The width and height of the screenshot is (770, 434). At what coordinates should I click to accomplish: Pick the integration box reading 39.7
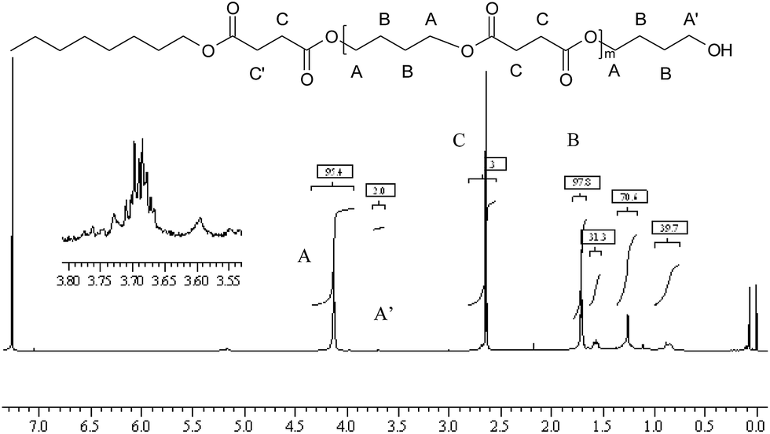[669, 228]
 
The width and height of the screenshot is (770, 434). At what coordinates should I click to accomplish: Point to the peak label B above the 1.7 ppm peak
[573, 142]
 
